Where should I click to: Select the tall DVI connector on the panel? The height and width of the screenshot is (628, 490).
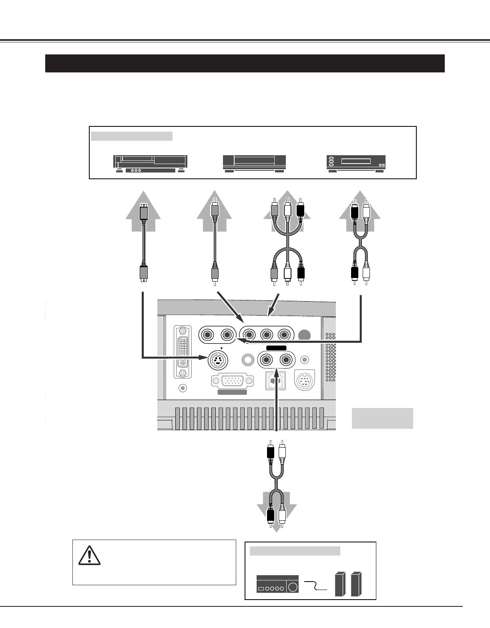coord(183,352)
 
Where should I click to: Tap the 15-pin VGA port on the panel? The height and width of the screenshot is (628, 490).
coord(232,380)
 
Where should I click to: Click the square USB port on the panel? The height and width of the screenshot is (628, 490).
coord(275,380)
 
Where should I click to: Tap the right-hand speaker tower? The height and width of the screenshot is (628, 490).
coord(356,585)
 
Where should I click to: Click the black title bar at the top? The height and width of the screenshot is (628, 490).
coord(245,63)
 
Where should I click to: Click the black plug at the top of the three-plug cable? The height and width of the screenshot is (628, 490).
coord(301,210)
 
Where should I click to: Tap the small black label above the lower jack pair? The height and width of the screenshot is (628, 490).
coord(274,348)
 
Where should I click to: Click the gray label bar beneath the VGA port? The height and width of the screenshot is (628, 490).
coord(232,392)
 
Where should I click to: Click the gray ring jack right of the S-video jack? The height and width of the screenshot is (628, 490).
coord(248,360)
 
